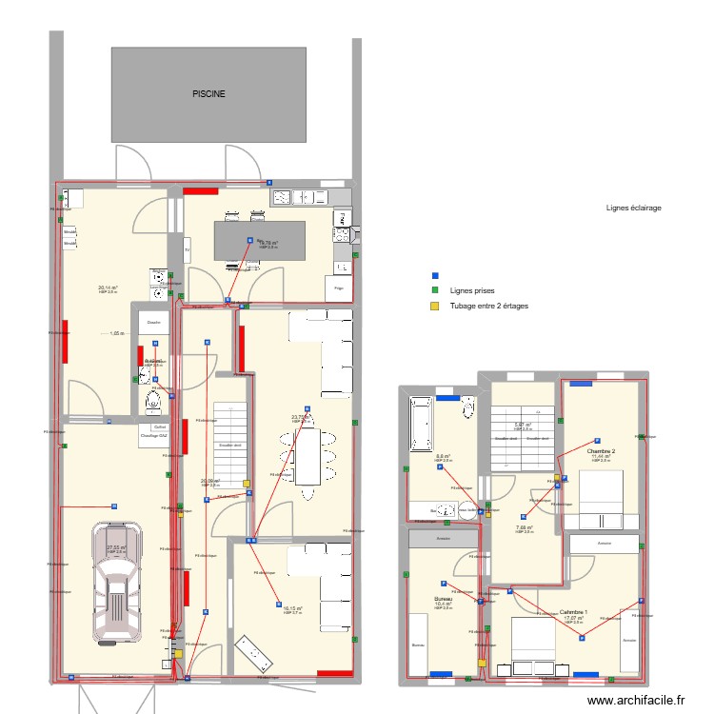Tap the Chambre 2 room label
(601, 451)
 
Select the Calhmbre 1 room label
(573, 612)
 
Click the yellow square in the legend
(435, 306)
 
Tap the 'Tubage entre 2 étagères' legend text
(488, 306)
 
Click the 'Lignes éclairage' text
(633, 208)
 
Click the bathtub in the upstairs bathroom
(421, 425)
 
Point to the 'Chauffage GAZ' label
(153, 436)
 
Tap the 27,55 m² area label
(115, 547)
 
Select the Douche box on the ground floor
(153, 322)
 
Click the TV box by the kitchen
(188, 251)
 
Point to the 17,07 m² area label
(573, 618)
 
